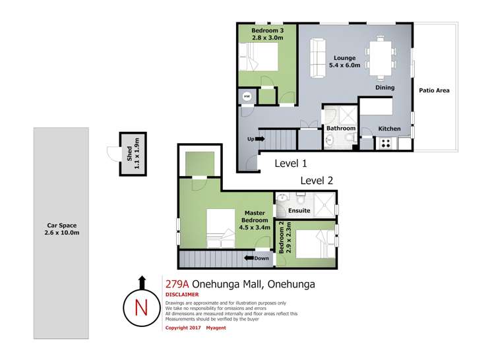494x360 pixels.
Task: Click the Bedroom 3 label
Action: click(x=267, y=34)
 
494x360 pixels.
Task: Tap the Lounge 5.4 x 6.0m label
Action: click(x=344, y=61)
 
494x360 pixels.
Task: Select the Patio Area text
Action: click(x=434, y=90)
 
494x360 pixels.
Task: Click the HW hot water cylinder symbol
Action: click(x=247, y=96)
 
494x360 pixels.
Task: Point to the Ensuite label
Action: click(x=299, y=211)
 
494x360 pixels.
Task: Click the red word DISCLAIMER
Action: click(x=182, y=295)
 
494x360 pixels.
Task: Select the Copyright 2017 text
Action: click(x=183, y=328)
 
